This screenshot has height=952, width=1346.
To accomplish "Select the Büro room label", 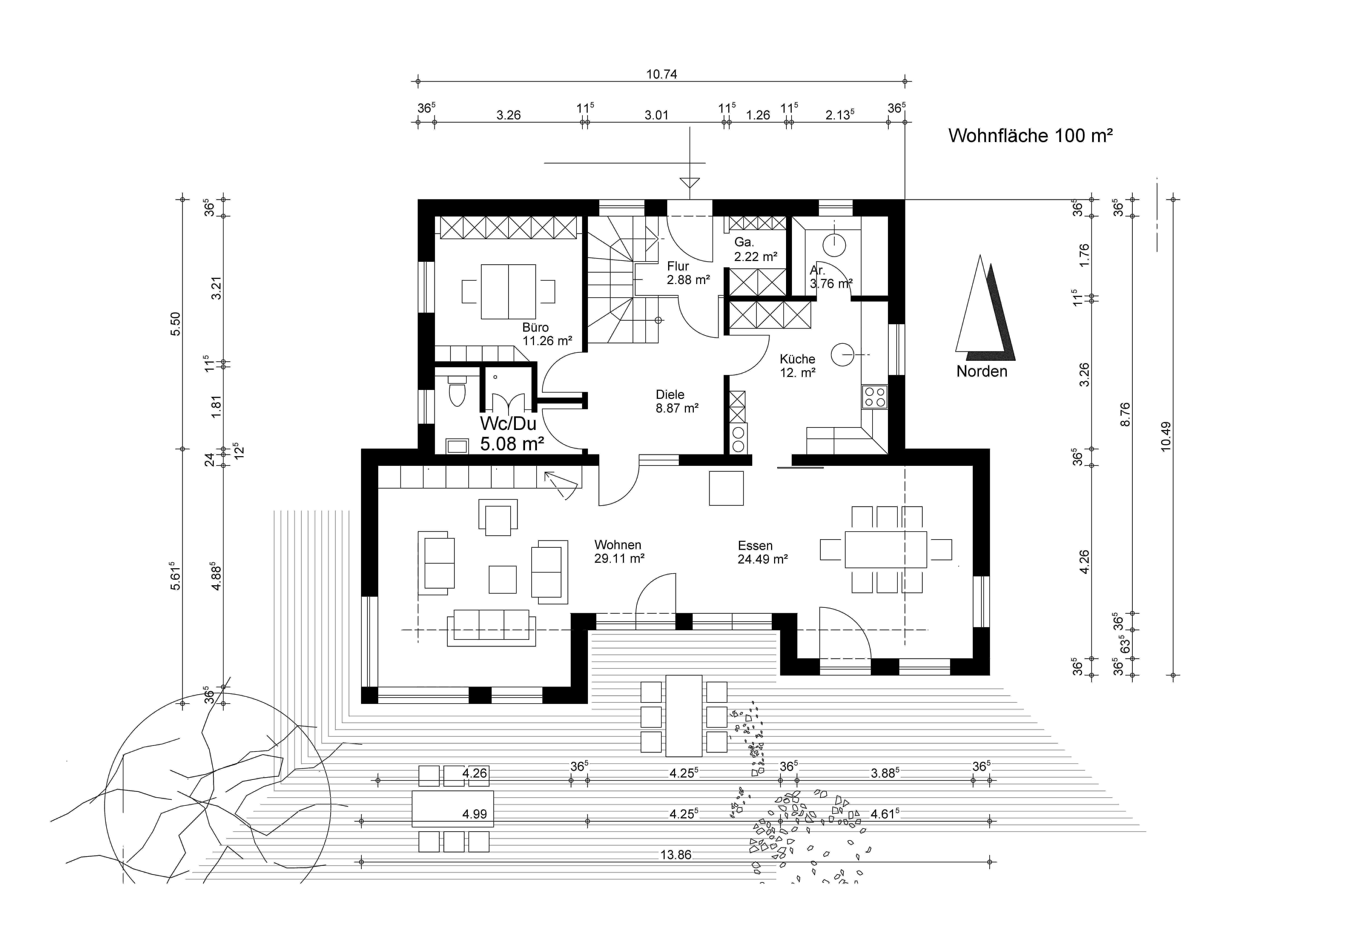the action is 536,327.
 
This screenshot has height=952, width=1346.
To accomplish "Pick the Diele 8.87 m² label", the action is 677,402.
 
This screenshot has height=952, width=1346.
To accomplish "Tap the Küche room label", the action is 797,359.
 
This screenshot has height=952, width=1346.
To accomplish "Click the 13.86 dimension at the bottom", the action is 676,855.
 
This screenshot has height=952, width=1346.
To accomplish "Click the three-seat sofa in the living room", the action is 491,627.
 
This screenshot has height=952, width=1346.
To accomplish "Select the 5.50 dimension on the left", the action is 175,324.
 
